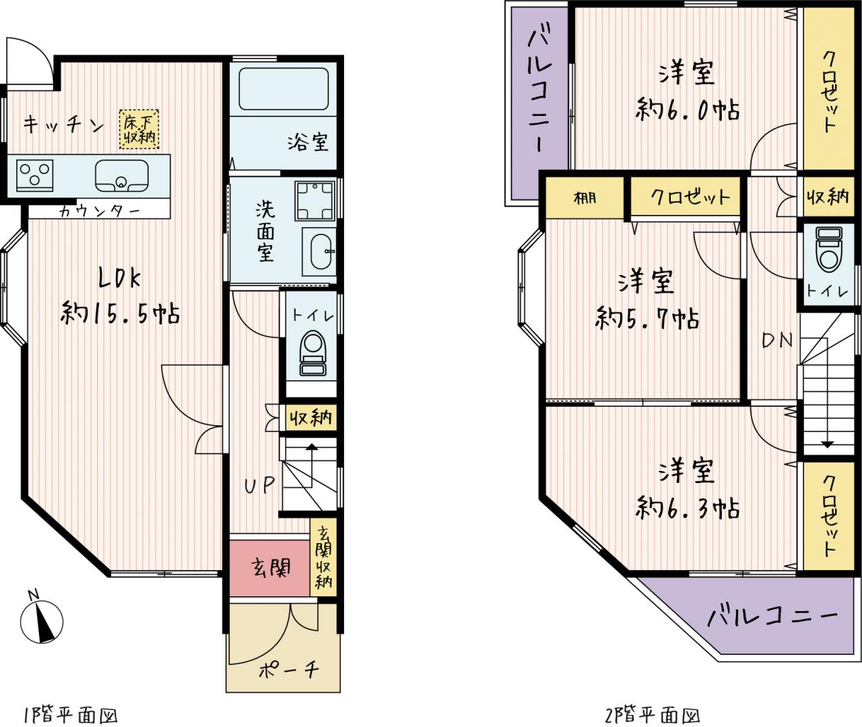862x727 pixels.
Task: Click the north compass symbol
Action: [x=42, y=621]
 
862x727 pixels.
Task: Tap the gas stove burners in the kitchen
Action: [x=34, y=175]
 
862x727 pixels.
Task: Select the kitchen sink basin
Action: [x=122, y=176]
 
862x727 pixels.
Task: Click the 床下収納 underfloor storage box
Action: [x=139, y=129]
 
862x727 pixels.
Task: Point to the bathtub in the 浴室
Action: [x=284, y=88]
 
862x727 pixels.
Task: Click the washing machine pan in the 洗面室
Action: [x=314, y=200]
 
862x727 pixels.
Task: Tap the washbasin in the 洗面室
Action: [x=319, y=251]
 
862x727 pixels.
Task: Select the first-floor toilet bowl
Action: [x=313, y=353]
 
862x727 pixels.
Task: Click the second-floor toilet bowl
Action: [x=829, y=249]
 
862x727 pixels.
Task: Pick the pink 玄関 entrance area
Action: [x=269, y=568]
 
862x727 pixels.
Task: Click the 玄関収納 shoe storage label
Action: [x=323, y=558]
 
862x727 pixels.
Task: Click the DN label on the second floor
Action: [x=777, y=340]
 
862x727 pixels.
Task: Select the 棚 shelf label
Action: [x=585, y=198]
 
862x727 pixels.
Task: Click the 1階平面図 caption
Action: [x=70, y=715]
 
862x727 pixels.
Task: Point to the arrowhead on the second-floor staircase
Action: [x=828, y=445]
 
